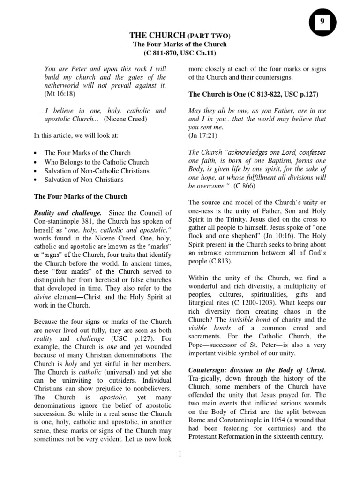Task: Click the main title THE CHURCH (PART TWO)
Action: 180,36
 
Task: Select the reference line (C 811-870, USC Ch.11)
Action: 180,52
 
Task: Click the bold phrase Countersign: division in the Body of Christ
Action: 257,370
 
